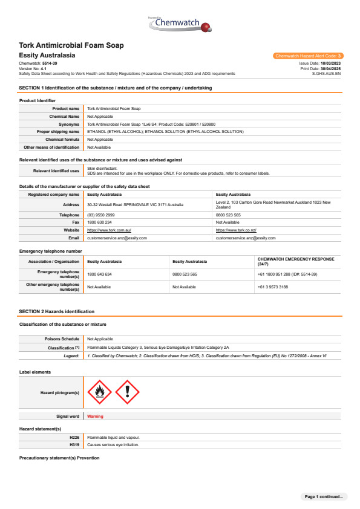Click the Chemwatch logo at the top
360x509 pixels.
point(180,25)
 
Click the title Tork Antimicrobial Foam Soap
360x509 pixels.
point(71,45)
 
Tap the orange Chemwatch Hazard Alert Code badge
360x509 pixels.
point(308,56)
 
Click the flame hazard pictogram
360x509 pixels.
point(100,392)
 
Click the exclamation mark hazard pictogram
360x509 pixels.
point(127,392)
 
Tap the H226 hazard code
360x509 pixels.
point(74,436)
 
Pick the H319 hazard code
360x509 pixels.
point(74,444)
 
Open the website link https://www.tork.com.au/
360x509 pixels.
point(110,230)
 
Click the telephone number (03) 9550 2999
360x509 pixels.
point(100,215)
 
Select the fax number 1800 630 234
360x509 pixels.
point(100,222)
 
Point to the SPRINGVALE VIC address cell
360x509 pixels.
point(136,205)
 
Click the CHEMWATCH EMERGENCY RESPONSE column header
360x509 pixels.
point(295,261)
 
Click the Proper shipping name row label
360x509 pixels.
point(58,131)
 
